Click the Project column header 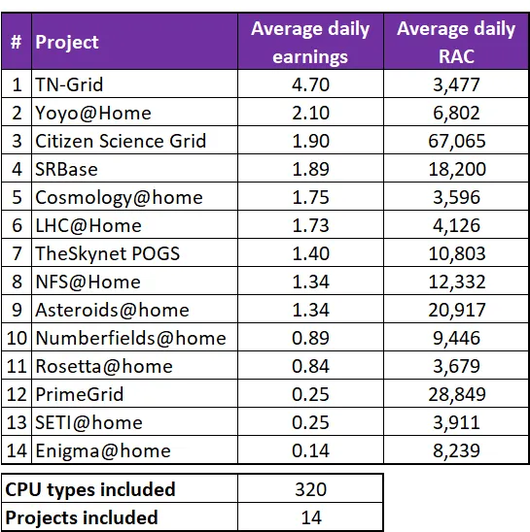[67, 42]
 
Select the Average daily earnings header [310, 43]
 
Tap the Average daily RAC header [456, 43]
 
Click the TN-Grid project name [69, 84]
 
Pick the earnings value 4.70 [311, 84]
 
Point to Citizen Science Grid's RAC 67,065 [456, 141]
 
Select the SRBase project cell [66, 169]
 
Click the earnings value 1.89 [311, 169]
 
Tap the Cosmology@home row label [119, 198]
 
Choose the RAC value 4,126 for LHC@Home [456, 225]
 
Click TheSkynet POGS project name [107, 253]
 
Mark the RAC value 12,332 [456, 282]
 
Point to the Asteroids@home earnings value [311, 310]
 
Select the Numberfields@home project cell [130, 338]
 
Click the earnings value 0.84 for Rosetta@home [311, 366]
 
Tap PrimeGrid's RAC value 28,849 [456, 394]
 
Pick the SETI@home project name [88, 422]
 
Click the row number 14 [17, 450]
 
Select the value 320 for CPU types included [311, 489]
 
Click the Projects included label [82, 517]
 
